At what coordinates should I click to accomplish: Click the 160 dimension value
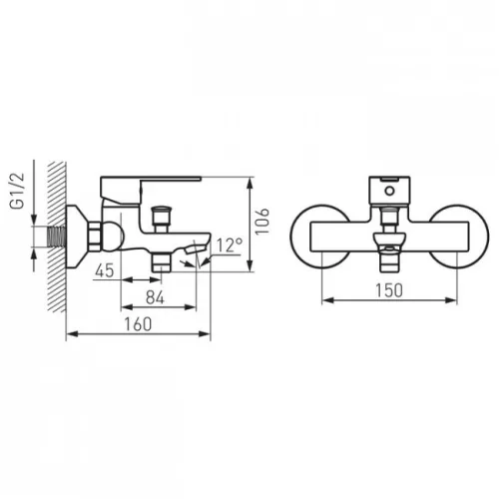pos(138,324)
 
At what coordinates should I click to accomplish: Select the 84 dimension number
pos(155,297)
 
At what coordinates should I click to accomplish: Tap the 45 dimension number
pos(105,270)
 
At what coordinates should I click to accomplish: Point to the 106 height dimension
pos(262,222)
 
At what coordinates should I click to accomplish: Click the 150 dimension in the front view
pos(389,290)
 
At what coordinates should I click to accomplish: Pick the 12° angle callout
pos(230,246)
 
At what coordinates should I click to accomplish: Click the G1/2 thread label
pos(18,191)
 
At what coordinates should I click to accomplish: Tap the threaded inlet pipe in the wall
pos(57,237)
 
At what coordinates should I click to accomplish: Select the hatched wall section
pos(57,237)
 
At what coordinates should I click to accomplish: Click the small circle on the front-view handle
pos(389,192)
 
